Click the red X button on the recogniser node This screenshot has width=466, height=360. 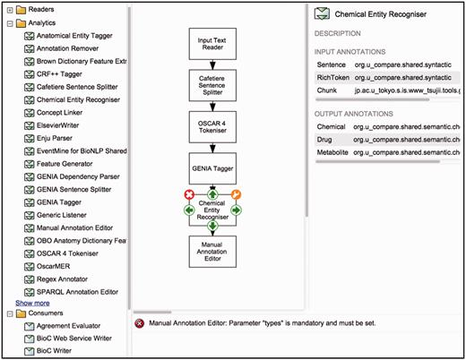(x=189, y=194)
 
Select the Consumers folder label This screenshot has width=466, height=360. (x=47, y=313)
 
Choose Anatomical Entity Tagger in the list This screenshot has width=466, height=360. (x=81, y=36)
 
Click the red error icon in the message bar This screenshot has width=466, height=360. (x=140, y=323)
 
